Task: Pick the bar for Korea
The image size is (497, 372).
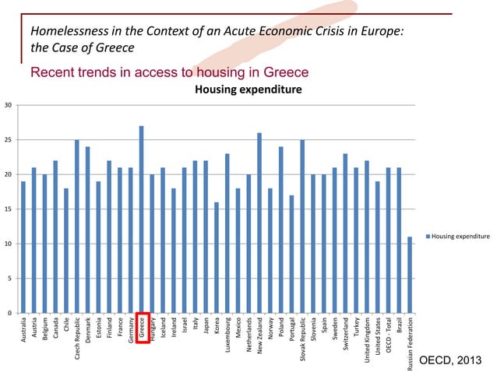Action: point(217,258)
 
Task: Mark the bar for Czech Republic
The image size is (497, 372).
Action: point(77,226)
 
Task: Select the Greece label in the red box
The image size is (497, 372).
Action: point(142,328)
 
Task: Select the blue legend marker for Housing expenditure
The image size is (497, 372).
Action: point(428,235)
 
